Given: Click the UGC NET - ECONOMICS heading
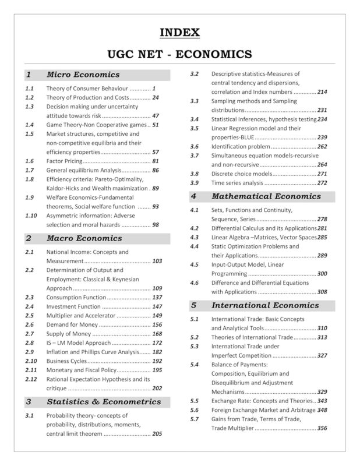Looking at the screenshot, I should pyautogui.click(x=179, y=54).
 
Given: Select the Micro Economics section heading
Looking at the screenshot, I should pyautogui.click(x=83, y=75).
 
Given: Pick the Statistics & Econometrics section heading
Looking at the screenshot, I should pyautogui.click(x=103, y=401).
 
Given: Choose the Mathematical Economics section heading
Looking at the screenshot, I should pyautogui.click(x=260, y=196).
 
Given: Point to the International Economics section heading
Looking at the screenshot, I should pyautogui.click(x=265, y=305).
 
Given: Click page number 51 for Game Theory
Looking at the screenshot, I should pyautogui.click(x=156, y=125).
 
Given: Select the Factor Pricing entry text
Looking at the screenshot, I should pyautogui.click(x=64, y=160).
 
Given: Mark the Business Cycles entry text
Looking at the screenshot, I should pyautogui.click(x=66, y=361).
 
